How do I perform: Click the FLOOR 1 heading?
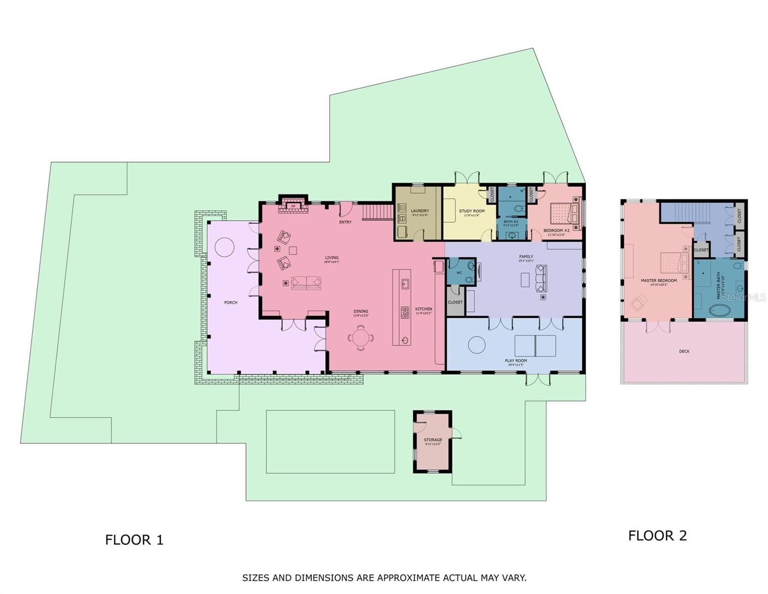tap(134, 540)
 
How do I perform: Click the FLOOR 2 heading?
tap(657, 536)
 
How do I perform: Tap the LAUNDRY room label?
tap(420, 211)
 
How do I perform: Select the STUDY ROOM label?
tap(472, 211)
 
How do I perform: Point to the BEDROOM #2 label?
tap(556, 231)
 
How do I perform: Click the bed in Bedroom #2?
tap(565, 212)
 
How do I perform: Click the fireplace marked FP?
tap(293, 206)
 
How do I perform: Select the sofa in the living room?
tap(306, 283)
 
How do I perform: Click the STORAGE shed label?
tap(432, 440)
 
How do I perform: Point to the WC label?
tap(459, 273)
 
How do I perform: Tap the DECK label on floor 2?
tap(684, 351)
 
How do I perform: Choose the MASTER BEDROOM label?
tap(658, 281)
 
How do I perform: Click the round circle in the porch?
tap(224, 247)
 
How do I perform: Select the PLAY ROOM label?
tap(516, 361)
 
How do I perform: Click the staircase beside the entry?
tap(378, 213)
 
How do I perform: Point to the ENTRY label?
tap(345, 222)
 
